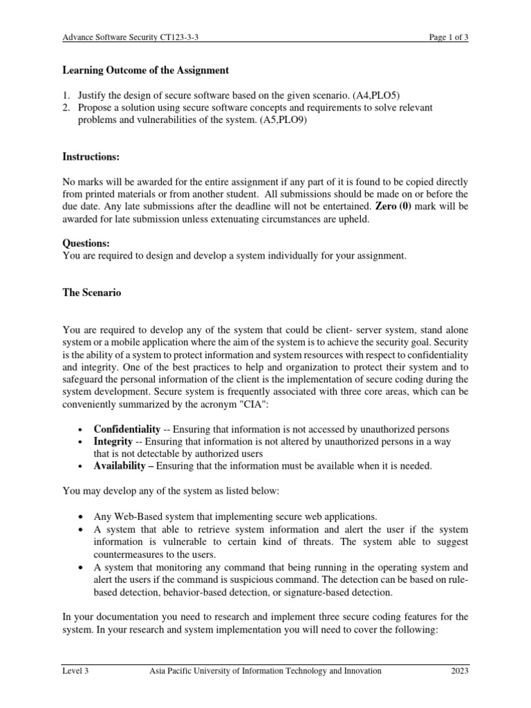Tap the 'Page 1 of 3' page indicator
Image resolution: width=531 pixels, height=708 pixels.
(448, 38)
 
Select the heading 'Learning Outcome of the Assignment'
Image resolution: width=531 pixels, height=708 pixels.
(145, 71)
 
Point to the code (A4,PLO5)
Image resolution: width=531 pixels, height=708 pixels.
(384, 95)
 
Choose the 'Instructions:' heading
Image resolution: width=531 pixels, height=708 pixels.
(91, 158)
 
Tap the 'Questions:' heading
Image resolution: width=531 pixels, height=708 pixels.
(86, 243)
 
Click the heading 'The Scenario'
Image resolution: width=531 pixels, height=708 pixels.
(92, 293)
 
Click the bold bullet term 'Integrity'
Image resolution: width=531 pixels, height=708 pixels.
(113, 441)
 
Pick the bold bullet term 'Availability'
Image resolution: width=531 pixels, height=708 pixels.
(120, 466)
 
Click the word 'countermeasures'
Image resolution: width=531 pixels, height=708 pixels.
(127, 554)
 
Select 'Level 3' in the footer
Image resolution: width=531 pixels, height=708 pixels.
(75, 670)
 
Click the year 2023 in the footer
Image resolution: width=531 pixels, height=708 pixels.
(459, 670)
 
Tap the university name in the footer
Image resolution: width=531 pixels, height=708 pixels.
(265, 670)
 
